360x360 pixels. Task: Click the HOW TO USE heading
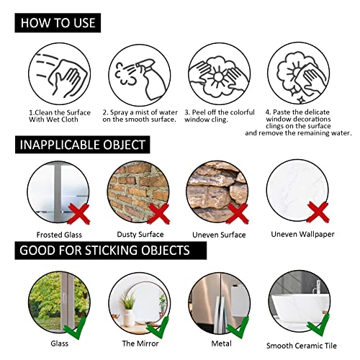pos(58,23)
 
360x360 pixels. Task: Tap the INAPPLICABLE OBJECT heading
pos(83,145)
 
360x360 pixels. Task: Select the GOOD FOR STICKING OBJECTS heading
pos(111,251)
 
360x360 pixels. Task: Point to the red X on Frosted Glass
pos(78,214)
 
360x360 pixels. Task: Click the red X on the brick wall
pos(158,214)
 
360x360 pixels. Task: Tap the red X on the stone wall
pos(238,214)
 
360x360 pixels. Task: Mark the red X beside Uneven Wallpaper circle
pos(318,212)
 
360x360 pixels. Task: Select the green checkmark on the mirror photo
pos(158,328)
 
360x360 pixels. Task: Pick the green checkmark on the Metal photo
pos(238,328)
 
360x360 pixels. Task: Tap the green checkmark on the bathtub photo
pos(318,325)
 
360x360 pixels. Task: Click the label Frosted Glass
pos(59,235)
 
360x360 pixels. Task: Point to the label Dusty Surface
pos(140,235)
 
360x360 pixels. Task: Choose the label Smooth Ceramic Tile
pos(302,346)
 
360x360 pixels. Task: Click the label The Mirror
pos(140,343)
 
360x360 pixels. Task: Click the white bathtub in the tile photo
pos(300,310)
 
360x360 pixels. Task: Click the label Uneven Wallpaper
pos(302,234)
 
